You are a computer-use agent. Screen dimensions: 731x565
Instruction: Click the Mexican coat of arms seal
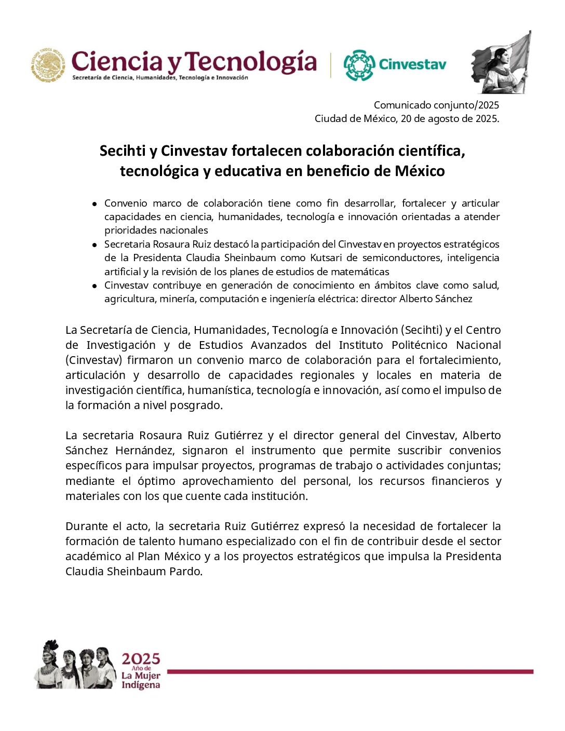[x=48, y=65]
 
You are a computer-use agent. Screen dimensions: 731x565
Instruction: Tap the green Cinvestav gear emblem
[x=359, y=65]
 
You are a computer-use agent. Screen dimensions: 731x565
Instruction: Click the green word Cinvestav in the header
[x=412, y=64]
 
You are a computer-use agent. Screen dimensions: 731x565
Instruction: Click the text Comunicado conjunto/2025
[x=436, y=105]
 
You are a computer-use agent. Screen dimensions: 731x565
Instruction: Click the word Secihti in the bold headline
[x=123, y=151]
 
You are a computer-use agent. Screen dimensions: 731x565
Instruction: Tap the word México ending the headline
[x=419, y=171]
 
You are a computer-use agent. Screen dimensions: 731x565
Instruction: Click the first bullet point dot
[x=95, y=204]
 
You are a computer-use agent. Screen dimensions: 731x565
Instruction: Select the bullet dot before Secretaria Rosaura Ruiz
[x=95, y=245]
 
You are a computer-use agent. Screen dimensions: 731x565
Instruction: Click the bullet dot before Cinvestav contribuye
[x=95, y=286]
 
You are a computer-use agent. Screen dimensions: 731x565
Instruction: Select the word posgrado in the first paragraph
[x=198, y=405]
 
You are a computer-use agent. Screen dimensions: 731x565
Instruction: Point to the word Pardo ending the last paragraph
[x=186, y=572]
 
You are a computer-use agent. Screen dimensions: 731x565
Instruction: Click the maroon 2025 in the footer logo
[x=141, y=659]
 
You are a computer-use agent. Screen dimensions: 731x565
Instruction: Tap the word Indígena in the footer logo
[x=141, y=685]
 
